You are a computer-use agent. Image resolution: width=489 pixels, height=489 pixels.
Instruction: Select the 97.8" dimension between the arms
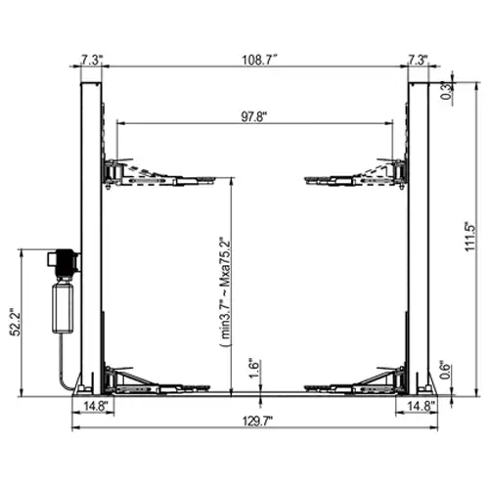coord(253,115)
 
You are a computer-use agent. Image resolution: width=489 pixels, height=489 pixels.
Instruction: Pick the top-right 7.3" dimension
coord(419,60)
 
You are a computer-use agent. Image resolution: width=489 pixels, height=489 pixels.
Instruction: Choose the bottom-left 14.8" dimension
coord(96,404)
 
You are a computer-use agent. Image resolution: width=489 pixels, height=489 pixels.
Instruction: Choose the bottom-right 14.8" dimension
coord(421,404)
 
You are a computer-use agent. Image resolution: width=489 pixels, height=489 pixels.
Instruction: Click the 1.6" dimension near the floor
coord(253,369)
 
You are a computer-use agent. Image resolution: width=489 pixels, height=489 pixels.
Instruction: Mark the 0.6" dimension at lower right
coord(446,370)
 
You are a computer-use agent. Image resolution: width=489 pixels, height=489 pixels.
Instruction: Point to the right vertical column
coord(418,235)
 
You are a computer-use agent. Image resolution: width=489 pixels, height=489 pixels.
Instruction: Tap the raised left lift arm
coord(156,172)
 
